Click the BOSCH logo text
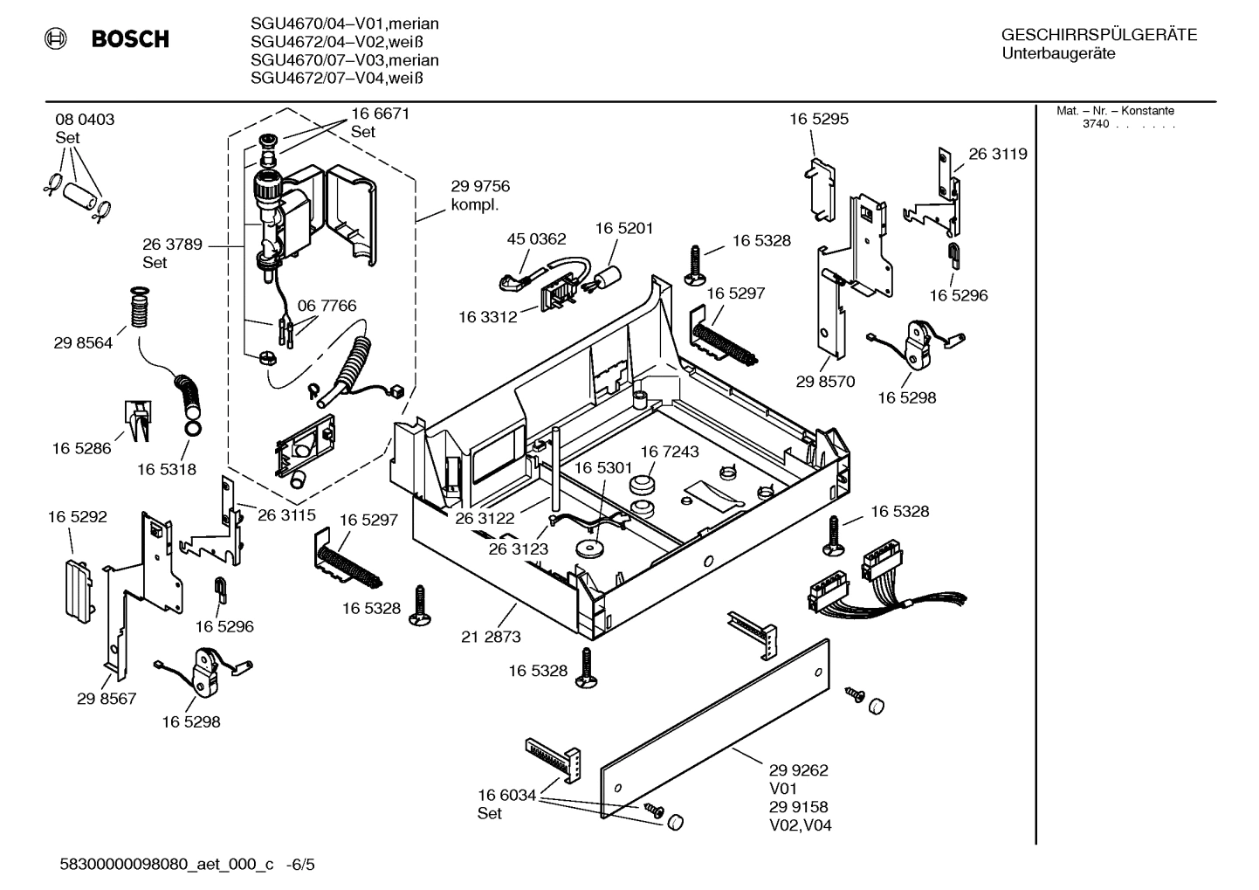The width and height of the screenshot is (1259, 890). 130,39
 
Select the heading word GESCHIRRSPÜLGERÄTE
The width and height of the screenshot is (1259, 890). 1098,36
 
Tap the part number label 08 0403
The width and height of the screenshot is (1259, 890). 85,120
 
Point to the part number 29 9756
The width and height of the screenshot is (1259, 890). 480,186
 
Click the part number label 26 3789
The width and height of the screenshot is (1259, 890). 172,245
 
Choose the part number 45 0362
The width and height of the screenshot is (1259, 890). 536,238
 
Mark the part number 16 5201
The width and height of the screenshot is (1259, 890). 624,228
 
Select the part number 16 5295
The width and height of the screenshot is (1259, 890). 818,119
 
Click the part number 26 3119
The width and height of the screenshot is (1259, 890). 997,154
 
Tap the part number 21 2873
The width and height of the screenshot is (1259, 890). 491,637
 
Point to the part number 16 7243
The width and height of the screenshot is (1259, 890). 670,452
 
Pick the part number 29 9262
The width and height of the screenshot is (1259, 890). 798,770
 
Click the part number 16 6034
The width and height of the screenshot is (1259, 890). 506,795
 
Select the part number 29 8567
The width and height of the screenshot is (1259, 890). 107,699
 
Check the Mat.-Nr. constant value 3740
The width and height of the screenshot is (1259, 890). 1095,124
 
